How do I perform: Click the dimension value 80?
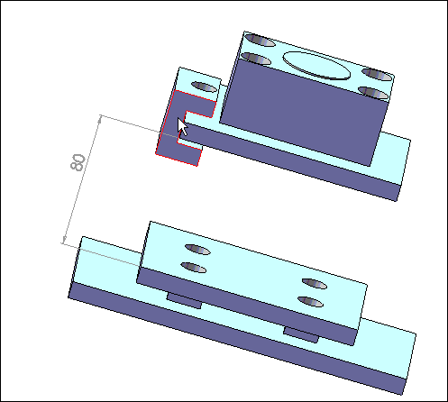[78, 162]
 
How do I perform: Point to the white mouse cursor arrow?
[182, 127]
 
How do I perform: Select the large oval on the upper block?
[316, 66]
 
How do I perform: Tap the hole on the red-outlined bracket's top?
[204, 87]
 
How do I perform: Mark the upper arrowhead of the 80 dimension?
[100, 119]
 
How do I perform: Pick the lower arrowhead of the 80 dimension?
[64, 240]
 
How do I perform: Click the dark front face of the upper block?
[304, 112]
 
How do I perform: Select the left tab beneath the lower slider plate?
[184, 301]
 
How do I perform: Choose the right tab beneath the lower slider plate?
[301, 334]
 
